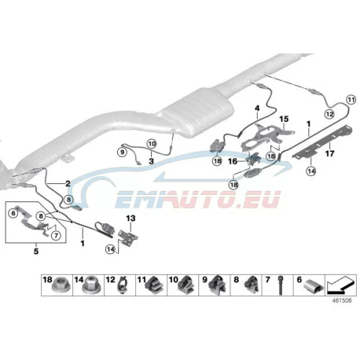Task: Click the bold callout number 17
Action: coord(329,152)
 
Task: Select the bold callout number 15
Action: coord(284,119)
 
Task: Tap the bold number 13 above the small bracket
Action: coord(130,218)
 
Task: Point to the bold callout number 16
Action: coord(233,161)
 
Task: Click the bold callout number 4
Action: coord(257,108)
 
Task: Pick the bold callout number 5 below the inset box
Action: coord(36,251)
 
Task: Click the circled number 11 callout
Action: coord(351,100)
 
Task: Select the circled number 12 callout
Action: coord(329,114)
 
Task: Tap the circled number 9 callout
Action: coord(122,152)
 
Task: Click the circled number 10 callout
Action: coord(152,144)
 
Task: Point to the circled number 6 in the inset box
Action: coord(13,213)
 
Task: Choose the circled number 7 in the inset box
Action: coord(56,236)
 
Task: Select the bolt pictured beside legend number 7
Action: coord(281,286)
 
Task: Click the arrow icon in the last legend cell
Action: coord(340,285)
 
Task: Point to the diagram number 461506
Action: coord(342,300)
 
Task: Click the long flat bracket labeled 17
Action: coord(323,143)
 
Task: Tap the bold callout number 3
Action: coord(151,161)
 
